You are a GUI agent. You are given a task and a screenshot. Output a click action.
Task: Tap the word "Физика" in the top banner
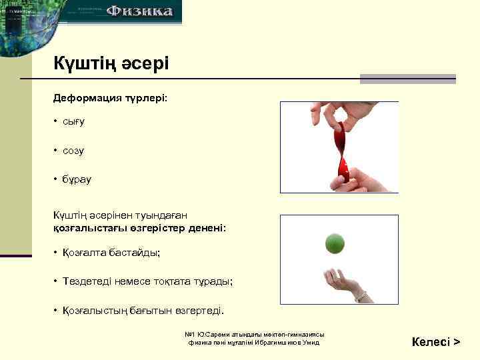[140, 11]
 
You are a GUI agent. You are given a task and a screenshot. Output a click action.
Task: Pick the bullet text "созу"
[73, 151]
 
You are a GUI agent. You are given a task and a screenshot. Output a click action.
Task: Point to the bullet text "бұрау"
[77, 179]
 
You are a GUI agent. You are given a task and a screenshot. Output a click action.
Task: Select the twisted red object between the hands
[341, 150]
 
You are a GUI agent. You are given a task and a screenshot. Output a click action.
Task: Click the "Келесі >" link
[436, 342]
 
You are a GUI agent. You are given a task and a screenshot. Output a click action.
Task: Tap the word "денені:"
[207, 228]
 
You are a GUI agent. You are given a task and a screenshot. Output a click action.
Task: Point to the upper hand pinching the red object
[327, 113]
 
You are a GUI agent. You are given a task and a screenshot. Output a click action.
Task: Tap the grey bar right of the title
[407, 79]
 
